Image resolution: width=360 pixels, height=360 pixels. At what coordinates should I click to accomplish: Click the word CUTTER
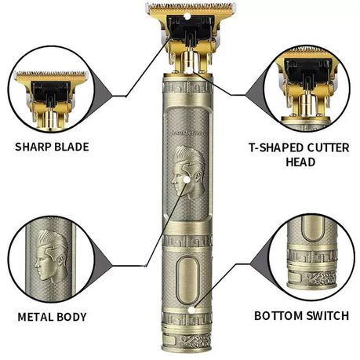[x=328, y=148]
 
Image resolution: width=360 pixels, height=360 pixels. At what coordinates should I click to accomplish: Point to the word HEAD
[x=300, y=162]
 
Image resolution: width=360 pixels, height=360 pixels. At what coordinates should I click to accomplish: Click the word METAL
[x=35, y=317]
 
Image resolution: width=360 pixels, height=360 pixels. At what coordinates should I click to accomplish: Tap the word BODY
[x=71, y=317]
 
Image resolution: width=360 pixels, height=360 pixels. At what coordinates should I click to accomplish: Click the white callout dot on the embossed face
[x=187, y=180]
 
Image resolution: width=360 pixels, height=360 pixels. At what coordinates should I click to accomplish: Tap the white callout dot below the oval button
[x=192, y=311]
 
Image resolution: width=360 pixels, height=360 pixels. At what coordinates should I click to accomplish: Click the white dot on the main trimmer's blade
[x=187, y=16]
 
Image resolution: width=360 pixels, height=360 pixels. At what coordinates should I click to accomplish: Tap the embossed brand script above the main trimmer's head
[x=188, y=133]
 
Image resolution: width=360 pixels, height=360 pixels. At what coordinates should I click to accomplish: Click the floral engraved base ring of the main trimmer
[x=187, y=340]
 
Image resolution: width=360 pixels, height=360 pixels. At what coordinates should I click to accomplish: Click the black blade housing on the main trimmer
[x=191, y=29]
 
